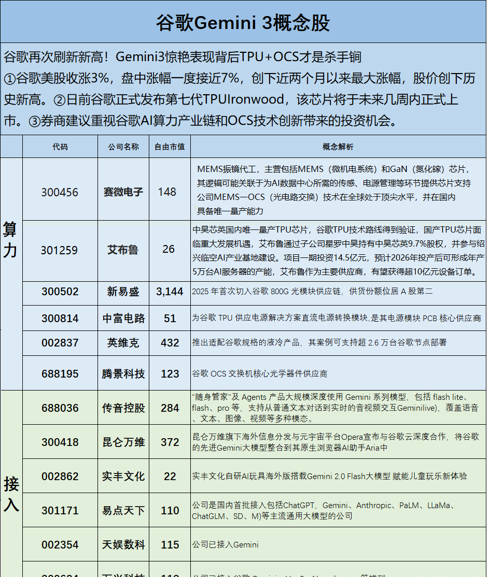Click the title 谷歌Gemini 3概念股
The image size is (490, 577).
(x=243, y=23)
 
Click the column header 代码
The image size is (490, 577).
(x=60, y=147)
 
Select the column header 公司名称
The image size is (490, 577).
(x=123, y=147)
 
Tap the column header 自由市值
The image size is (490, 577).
(x=170, y=147)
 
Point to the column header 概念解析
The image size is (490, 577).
(x=338, y=147)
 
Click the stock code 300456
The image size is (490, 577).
(x=60, y=192)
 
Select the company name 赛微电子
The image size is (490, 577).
(x=123, y=192)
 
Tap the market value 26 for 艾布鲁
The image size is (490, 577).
(x=169, y=250)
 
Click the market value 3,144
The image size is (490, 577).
(x=170, y=292)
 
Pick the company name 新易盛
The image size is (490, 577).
(x=123, y=292)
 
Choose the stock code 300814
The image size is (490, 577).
(x=60, y=319)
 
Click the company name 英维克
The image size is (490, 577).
(x=123, y=343)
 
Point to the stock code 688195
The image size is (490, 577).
(x=60, y=373)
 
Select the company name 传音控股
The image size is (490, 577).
(x=123, y=408)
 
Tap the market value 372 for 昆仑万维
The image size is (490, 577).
(x=170, y=442)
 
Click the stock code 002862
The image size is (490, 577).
(x=60, y=477)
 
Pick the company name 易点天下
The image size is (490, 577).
(x=123, y=511)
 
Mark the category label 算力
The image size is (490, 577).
(x=10, y=239)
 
